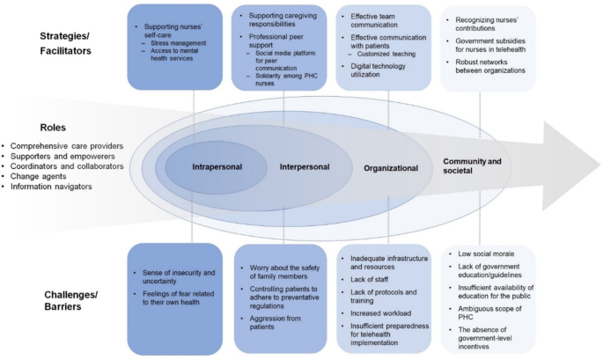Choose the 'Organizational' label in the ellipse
pos(390,167)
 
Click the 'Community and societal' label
pos(472,165)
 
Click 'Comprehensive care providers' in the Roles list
pos(67,145)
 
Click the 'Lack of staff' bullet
pos(371,277)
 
